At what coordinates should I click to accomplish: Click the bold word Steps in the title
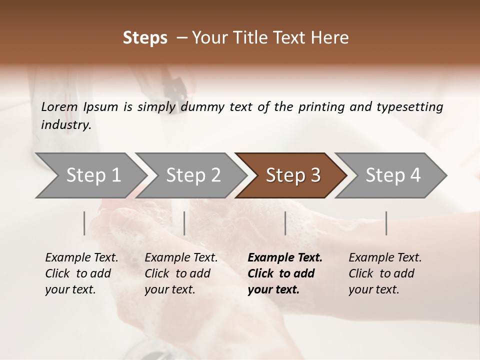(145, 38)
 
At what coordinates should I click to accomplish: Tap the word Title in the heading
(261, 38)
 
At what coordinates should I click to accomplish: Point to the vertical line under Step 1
(84, 223)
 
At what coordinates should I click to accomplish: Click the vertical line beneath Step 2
(184, 223)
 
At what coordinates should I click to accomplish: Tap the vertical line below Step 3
(285, 223)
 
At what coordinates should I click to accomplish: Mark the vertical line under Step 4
(386, 223)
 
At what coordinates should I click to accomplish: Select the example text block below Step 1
(81, 273)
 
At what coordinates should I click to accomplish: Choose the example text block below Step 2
(181, 273)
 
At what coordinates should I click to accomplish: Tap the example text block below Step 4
(385, 273)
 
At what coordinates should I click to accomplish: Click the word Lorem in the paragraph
(59, 107)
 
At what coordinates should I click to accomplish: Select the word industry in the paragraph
(65, 125)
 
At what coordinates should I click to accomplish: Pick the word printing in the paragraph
(322, 107)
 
